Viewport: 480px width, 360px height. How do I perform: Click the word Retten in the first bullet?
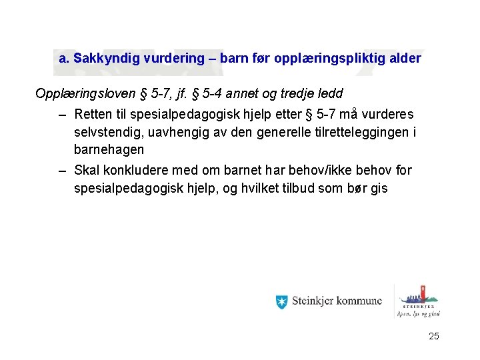click(x=93, y=115)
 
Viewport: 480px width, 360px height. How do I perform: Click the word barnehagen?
click(x=109, y=150)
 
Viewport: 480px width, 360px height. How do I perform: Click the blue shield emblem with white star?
click(x=281, y=302)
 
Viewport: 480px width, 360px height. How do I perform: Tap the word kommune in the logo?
click(x=360, y=302)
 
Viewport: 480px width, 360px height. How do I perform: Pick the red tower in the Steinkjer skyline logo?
click(x=420, y=293)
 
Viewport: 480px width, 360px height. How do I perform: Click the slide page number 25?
click(x=433, y=337)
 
